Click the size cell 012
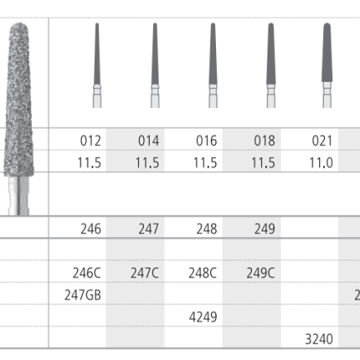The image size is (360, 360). (91, 141)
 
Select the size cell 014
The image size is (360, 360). (148, 141)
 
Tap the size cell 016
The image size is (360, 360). (206, 141)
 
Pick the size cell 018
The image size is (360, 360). (264, 141)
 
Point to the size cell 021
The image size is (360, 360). (322, 141)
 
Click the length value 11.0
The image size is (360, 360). (321, 163)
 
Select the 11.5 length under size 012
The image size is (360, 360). (89, 163)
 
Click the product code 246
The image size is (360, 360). (91, 229)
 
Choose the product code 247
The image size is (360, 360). (149, 229)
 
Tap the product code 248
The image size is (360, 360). (207, 229)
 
